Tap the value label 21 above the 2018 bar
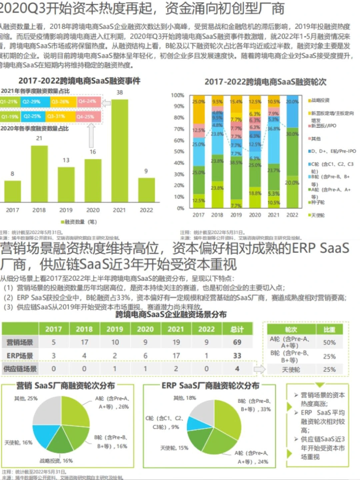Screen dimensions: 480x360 pyautogui.click(x=39, y=138)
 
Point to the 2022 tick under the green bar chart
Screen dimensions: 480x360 pyautogui.click(x=146, y=210)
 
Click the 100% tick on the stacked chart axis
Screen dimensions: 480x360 pyautogui.click(x=177, y=95)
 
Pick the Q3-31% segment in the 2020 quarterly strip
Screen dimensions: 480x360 pyautogui.click(x=56, y=116)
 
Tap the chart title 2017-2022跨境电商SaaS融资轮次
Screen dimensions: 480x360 pyautogui.click(x=265, y=82)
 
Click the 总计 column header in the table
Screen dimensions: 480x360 pyautogui.click(x=237, y=329)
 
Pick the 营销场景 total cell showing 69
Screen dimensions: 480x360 pyautogui.click(x=237, y=342)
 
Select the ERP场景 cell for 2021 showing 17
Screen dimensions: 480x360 pyautogui.click(x=176, y=356)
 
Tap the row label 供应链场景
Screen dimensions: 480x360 pyautogui.click(x=20, y=369)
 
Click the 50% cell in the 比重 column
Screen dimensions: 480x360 pyautogui.click(x=329, y=343)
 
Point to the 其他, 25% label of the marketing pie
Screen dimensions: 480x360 pyautogui.click(x=26, y=398)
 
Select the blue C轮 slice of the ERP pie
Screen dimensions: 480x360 pyautogui.click(x=197, y=423)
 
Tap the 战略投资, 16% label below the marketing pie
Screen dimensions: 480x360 pyautogui.click(x=56, y=461)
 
